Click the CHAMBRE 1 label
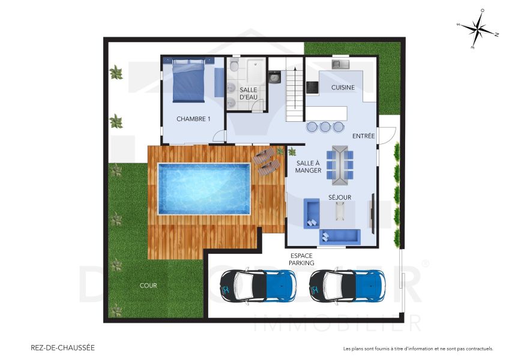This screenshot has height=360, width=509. pos(193,119)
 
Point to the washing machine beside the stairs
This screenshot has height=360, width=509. pos(275,77)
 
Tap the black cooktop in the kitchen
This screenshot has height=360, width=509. pos(313,88)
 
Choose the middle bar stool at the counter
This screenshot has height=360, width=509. pos(325,127)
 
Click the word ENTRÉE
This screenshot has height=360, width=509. pos(364,136)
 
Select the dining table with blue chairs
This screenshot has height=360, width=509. pos(340,163)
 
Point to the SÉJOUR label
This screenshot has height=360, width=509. pos(340,197)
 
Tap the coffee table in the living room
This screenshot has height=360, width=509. pos(340,211)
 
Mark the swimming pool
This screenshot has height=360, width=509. pos(203,188)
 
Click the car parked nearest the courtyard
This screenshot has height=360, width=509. pos(258,285)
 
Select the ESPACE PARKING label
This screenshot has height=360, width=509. pos(301,259)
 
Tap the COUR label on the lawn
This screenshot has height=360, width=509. pos(148,286)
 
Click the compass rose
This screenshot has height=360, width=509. pos(477,28)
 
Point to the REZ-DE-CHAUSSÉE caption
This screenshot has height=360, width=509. pos(62,347)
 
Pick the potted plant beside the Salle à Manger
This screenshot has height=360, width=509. pos(292,151)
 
